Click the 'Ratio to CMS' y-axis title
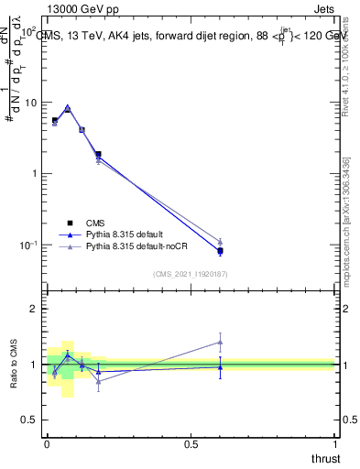[x=14, y=365]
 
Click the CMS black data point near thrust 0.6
[x=220, y=251]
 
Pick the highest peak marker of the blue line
[x=68, y=107]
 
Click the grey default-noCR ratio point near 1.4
[x=220, y=342]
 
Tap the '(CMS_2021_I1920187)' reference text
[x=190, y=274]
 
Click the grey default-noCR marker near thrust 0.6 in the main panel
[x=220, y=242]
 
